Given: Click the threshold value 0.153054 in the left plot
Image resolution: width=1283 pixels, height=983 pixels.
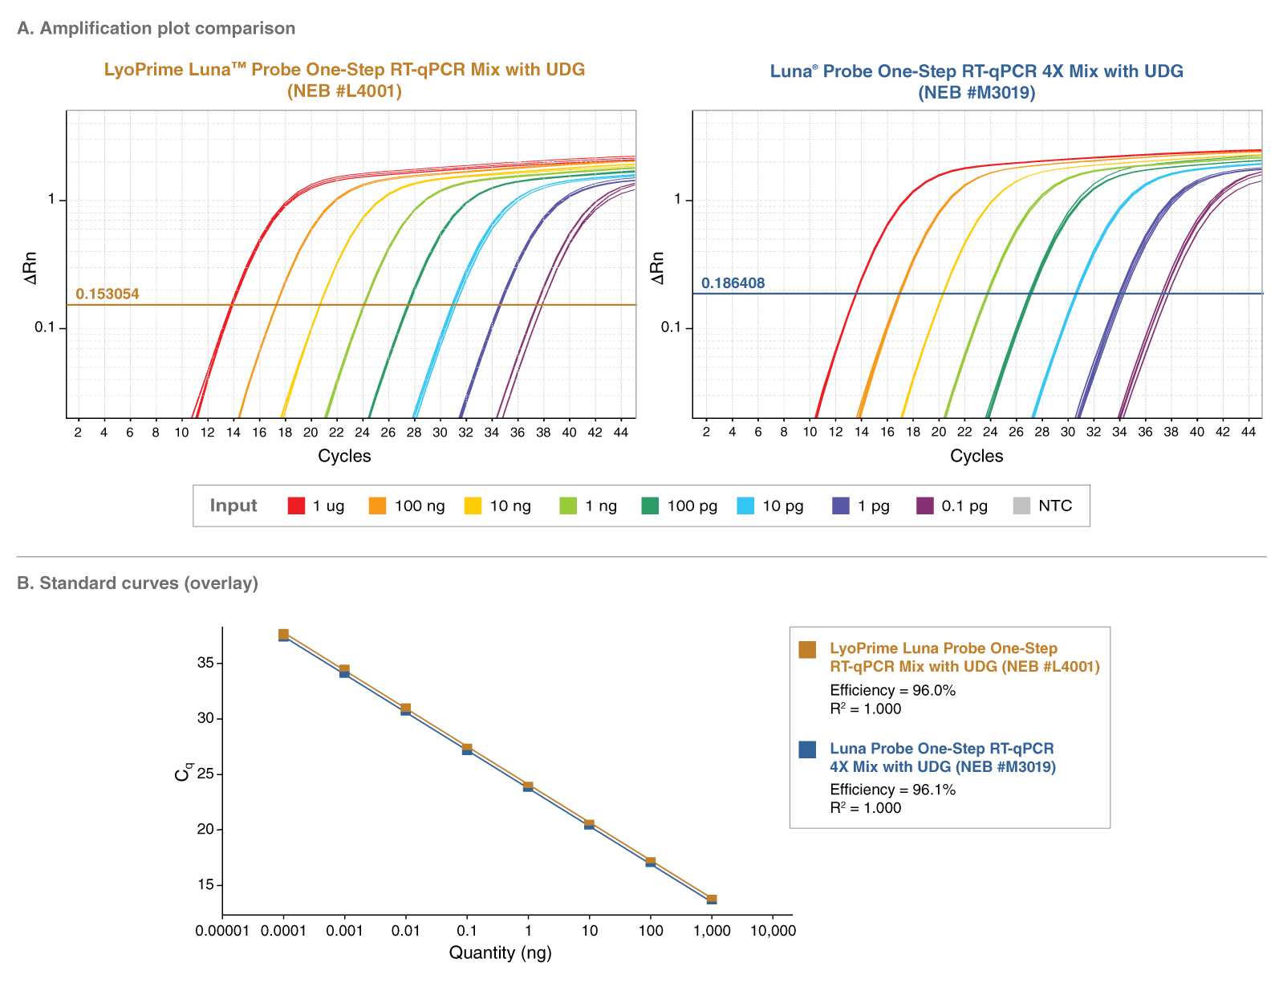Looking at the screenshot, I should click(x=107, y=294).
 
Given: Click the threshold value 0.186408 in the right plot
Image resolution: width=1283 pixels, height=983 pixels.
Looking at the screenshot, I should click(x=733, y=283).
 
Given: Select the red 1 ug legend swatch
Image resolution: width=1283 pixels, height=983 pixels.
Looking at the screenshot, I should click(x=296, y=506).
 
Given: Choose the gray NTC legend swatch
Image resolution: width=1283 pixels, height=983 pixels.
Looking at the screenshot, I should click(x=1021, y=506).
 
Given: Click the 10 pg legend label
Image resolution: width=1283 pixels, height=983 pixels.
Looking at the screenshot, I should click(x=782, y=506).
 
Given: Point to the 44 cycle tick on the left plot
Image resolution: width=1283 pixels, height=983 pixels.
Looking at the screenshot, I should click(x=620, y=433).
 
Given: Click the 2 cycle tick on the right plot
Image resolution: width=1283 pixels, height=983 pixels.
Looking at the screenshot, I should click(x=706, y=433).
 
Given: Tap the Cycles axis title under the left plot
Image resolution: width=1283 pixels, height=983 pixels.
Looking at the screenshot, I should click(x=344, y=457).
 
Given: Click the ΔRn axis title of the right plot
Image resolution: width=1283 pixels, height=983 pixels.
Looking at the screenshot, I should click(x=658, y=268).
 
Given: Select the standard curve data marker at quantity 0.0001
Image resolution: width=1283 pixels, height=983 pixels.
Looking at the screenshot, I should click(x=283, y=635).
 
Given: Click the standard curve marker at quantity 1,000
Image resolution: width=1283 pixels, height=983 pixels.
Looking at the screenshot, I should click(x=712, y=900).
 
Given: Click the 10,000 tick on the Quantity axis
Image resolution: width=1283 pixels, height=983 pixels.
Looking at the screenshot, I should click(x=772, y=931).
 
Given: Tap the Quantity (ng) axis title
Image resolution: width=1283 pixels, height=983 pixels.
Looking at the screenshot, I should click(x=500, y=953).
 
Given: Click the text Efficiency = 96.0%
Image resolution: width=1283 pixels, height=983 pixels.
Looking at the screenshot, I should click(x=892, y=690).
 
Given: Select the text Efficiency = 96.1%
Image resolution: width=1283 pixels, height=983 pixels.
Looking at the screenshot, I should click(x=892, y=790).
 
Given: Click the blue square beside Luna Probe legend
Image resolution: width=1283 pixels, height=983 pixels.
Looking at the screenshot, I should click(x=807, y=749).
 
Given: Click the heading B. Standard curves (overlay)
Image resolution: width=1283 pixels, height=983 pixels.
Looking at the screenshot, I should click(x=137, y=583).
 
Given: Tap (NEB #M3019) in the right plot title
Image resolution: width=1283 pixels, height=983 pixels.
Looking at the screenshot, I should click(x=976, y=92).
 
